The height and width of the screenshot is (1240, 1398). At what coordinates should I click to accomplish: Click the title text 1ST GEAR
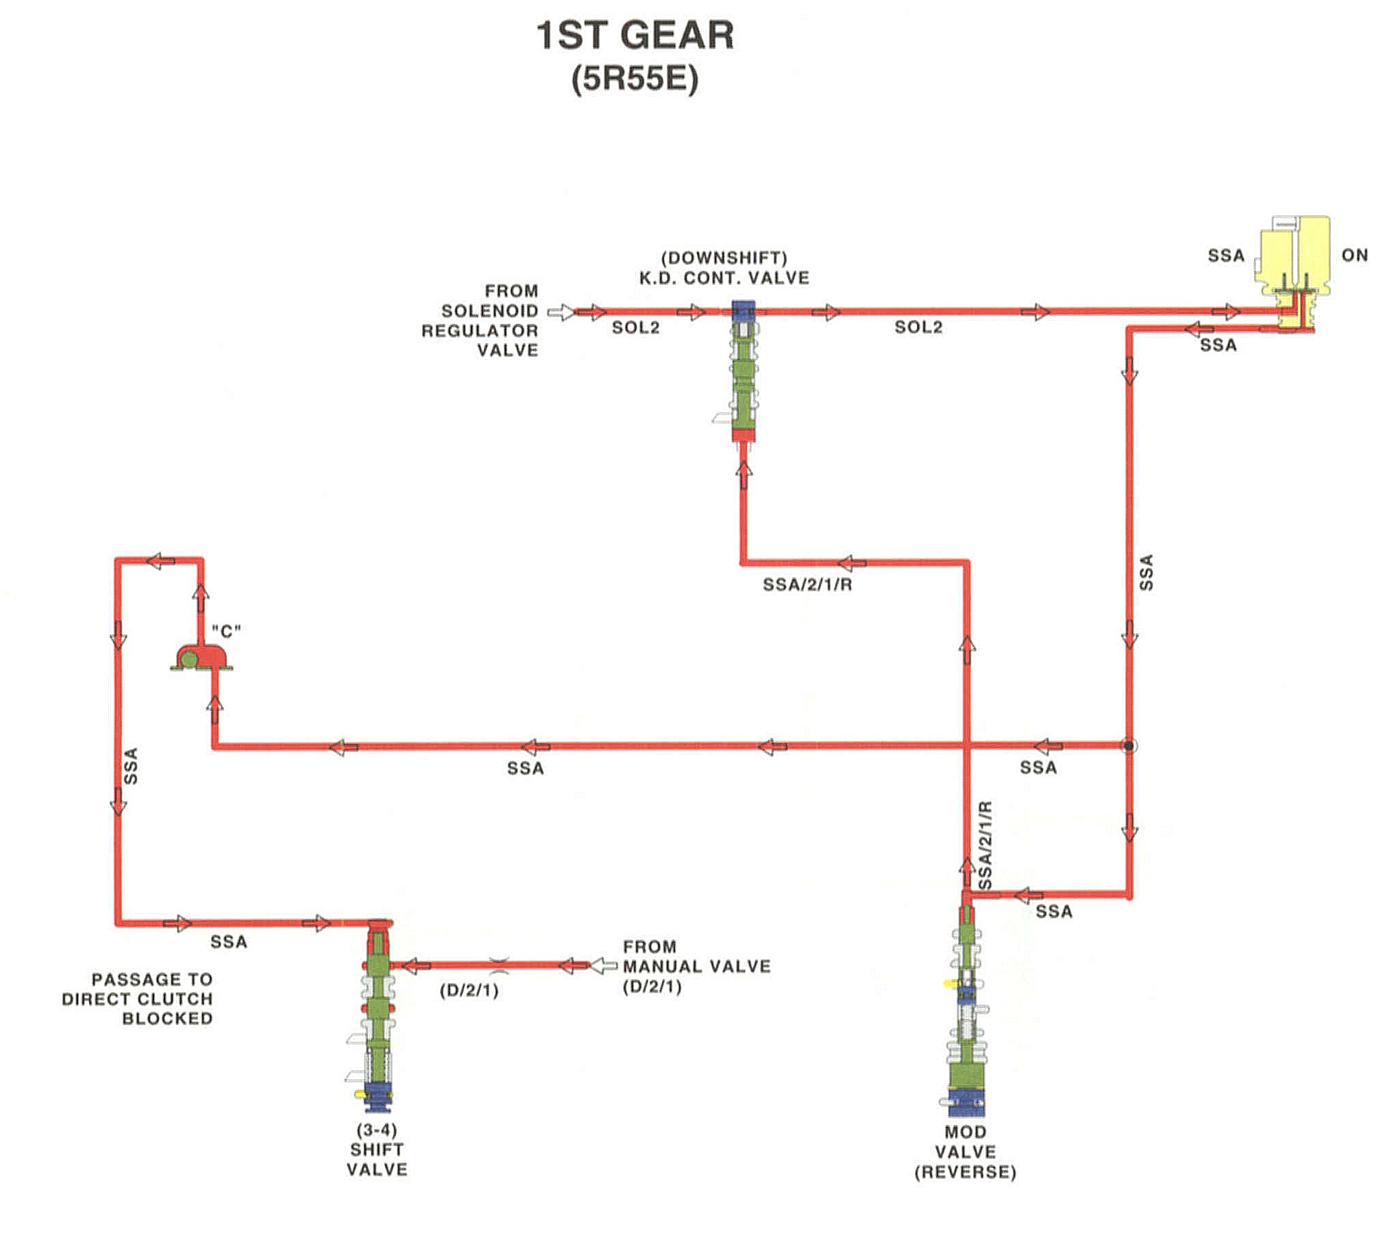tap(635, 36)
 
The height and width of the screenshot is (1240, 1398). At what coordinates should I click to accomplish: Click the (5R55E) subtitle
tap(635, 79)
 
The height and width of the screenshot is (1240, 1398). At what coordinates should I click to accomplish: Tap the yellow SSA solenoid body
tap(1295, 257)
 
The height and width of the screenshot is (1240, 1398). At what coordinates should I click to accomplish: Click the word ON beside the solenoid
tap(1354, 256)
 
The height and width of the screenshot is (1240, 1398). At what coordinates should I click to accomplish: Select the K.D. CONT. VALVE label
tap(724, 278)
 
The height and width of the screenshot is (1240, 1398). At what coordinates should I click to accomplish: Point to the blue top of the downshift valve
tap(743, 310)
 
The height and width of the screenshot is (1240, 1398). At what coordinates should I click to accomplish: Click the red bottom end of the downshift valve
tap(743, 435)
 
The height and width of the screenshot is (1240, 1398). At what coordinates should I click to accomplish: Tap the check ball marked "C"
tap(187, 658)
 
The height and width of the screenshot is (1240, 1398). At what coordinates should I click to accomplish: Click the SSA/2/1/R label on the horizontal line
tap(807, 584)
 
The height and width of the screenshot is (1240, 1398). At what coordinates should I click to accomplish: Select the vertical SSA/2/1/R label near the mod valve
tap(985, 845)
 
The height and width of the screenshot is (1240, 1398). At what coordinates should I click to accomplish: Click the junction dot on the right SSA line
tap(1128, 745)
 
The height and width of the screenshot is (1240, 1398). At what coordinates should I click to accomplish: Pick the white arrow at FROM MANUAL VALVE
tap(602, 966)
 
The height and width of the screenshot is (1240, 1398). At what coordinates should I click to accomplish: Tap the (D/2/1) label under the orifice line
tap(469, 991)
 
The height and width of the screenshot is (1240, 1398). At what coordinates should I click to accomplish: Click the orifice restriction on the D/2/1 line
tap(499, 965)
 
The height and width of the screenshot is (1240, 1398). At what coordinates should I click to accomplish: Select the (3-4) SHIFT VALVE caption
tap(377, 1149)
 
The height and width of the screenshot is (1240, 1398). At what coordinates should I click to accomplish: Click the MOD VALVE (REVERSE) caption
tap(966, 1152)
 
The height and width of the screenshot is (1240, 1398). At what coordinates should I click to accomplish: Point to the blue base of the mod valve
tap(966, 1100)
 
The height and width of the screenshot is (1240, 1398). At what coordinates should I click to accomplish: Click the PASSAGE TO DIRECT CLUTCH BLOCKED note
tap(137, 998)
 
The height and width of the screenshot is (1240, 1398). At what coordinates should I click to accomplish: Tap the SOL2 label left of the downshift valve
tap(635, 327)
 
